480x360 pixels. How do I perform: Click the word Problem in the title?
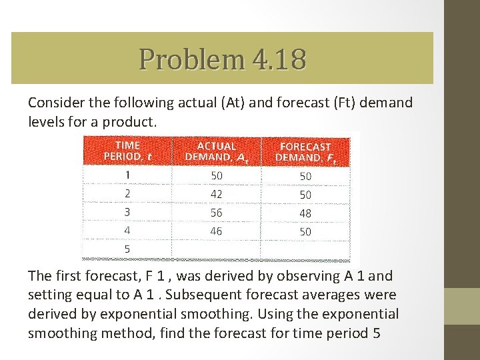click(192, 59)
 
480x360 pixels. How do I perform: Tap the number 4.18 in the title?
click(279, 59)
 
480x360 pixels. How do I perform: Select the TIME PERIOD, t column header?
click(127, 151)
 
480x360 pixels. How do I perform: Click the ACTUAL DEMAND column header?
click(217, 151)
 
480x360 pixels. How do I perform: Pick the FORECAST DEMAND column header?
click(305, 151)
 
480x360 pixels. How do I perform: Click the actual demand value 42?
click(217, 194)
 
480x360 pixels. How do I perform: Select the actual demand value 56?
click(217, 213)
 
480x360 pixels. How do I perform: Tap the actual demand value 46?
click(217, 231)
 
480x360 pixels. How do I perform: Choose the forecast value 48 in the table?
click(305, 213)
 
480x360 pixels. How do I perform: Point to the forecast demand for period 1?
click(305, 176)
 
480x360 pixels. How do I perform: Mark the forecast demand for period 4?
click(305, 232)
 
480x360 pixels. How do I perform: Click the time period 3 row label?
click(127, 212)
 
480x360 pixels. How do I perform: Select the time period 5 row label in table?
click(127, 249)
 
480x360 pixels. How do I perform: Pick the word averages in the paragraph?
click(339, 295)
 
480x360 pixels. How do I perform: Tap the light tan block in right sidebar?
click(462, 306)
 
